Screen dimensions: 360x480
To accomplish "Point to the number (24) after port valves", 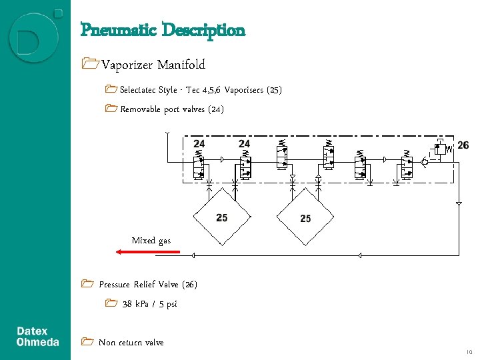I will [x=216, y=109].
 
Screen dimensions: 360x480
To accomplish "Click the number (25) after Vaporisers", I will [x=274, y=90].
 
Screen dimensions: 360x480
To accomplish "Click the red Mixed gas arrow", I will [x=148, y=252].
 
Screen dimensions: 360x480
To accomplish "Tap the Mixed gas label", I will [x=151, y=240].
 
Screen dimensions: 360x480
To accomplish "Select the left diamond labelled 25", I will [x=221, y=217].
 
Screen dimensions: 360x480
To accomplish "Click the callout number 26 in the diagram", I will [x=463, y=145].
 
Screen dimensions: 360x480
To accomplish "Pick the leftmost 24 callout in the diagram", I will [x=199, y=144].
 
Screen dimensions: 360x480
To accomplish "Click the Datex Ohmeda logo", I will [x=37, y=337].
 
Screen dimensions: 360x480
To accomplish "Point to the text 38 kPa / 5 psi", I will [x=149, y=304].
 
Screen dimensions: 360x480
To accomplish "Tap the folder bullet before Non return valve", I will [x=85, y=342].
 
